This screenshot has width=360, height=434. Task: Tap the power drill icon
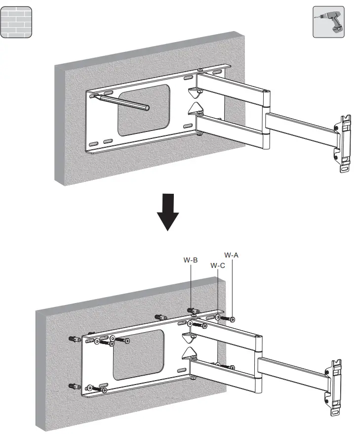click(328, 22)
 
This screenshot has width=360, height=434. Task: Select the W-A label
click(232, 255)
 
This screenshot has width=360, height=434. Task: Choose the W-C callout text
click(218, 265)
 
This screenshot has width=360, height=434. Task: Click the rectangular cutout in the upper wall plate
click(144, 110)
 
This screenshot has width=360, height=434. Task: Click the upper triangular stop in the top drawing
click(195, 91)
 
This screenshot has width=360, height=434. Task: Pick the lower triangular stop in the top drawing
click(195, 108)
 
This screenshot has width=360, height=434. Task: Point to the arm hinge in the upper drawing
click(267, 119)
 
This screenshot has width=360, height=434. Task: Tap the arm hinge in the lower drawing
click(257, 363)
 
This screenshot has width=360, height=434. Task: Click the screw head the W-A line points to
click(232, 319)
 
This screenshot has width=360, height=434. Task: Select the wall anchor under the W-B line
click(193, 311)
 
